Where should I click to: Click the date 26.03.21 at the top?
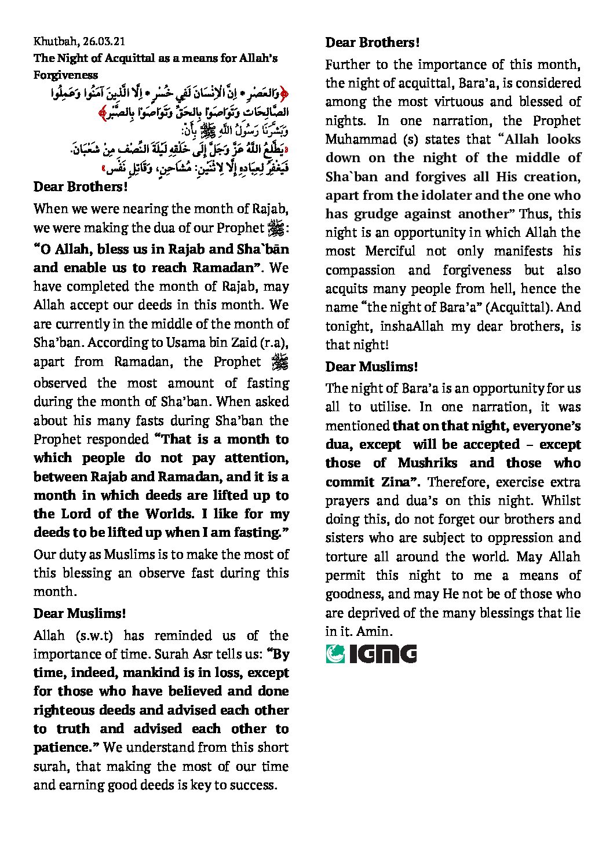pyautogui.click(x=104, y=41)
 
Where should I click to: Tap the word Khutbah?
pyautogui.click(x=56, y=41)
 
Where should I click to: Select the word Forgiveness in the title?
pyautogui.click(x=65, y=75)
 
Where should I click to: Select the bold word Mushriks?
pyautogui.click(x=427, y=463)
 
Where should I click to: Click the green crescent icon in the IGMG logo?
pyautogui.click(x=335, y=654)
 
